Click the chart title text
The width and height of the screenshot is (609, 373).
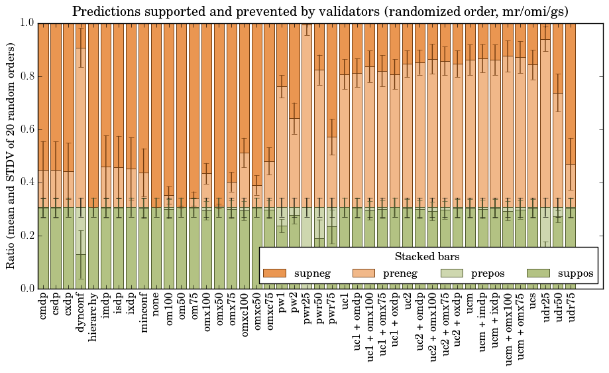[x=320, y=11]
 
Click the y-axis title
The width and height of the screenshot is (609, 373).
[x=11, y=155]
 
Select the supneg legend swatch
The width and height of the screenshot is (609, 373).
[x=274, y=273]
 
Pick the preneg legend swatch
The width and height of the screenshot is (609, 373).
[x=362, y=273]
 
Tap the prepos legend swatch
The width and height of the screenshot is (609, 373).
[x=451, y=273]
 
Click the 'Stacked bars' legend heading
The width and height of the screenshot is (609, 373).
[x=427, y=256]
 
